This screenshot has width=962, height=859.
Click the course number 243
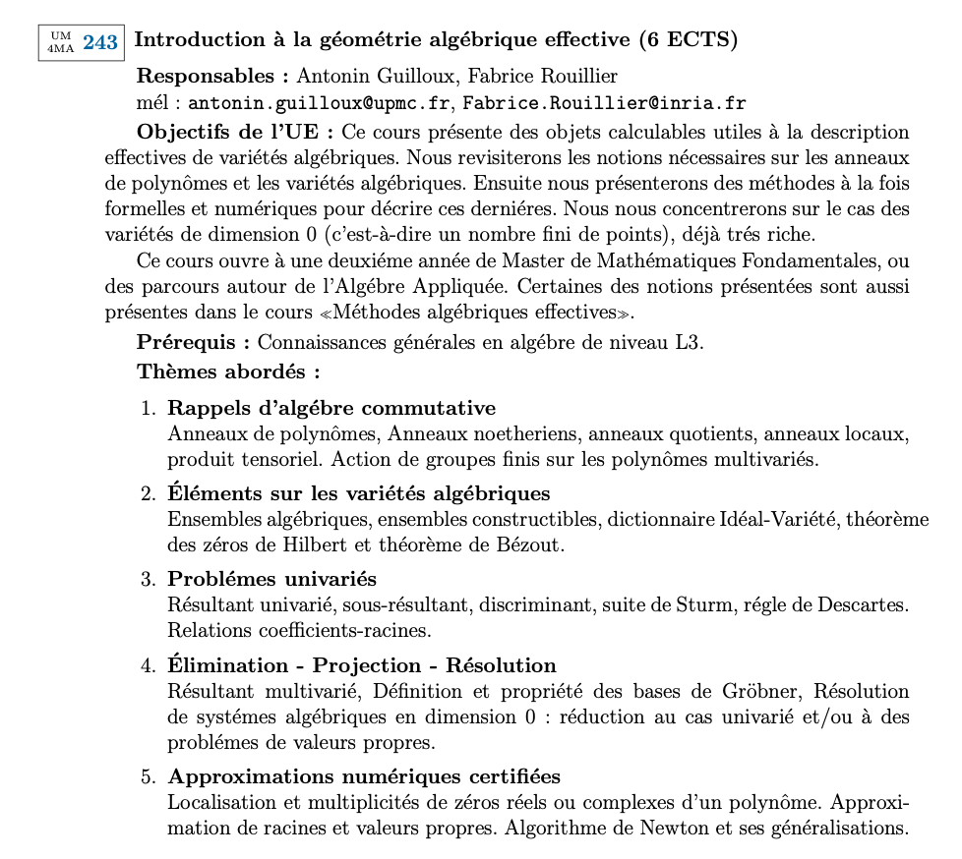coord(100,42)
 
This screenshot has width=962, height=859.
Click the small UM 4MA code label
coord(61,42)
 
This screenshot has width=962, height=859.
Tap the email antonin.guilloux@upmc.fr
coord(320,103)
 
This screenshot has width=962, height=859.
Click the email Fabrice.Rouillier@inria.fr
coord(605,103)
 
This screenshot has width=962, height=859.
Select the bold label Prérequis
coord(194,343)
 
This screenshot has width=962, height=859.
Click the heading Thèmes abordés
coord(228,372)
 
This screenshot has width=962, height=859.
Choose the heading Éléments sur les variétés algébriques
coord(358,492)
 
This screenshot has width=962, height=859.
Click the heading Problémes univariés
coord(272,578)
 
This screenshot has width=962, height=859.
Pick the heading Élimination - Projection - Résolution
coord(362,664)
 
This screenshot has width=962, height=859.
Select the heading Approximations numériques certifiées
coord(364,777)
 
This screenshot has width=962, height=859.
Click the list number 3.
coord(148,579)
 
